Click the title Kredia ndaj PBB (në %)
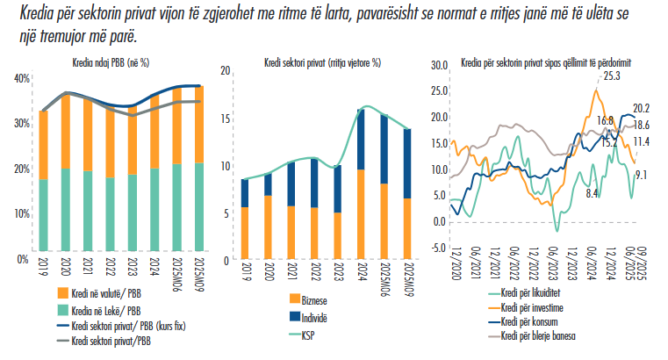pos(110,63)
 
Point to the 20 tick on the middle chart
pos(225,70)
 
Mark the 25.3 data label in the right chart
pos(611,76)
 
